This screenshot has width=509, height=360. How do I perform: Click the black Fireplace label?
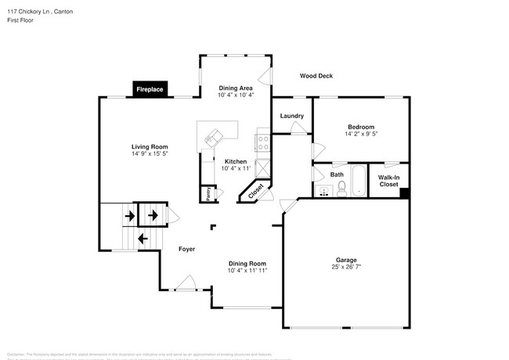click(x=150, y=90)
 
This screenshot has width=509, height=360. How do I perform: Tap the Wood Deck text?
click(x=316, y=76)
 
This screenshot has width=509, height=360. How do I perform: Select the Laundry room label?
click(x=291, y=116)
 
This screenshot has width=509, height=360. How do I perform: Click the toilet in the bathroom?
click(x=341, y=188)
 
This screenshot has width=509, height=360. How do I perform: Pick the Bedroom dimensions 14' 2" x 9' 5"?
click(x=361, y=134)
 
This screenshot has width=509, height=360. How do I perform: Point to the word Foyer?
click(x=186, y=249)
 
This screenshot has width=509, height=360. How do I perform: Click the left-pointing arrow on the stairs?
click(x=143, y=238)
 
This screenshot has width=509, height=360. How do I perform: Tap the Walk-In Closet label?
click(x=388, y=180)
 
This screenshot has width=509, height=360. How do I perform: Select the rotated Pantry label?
click(x=208, y=193)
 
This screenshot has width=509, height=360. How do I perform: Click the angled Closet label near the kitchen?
click(x=256, y=190)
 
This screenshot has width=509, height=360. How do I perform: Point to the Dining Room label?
click(x=247, y=264)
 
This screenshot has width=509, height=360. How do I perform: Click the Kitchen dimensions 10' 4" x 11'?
click(x=236, y=168)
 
